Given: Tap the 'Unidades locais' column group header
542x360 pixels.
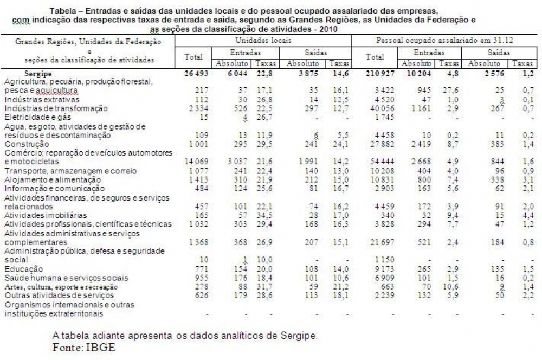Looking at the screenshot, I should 263,40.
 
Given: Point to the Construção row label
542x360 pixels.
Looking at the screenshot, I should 27,144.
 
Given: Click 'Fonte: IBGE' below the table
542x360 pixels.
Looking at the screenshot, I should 84,347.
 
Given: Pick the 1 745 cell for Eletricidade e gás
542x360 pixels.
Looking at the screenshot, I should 379,117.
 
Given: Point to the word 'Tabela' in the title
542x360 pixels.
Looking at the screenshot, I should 63,10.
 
